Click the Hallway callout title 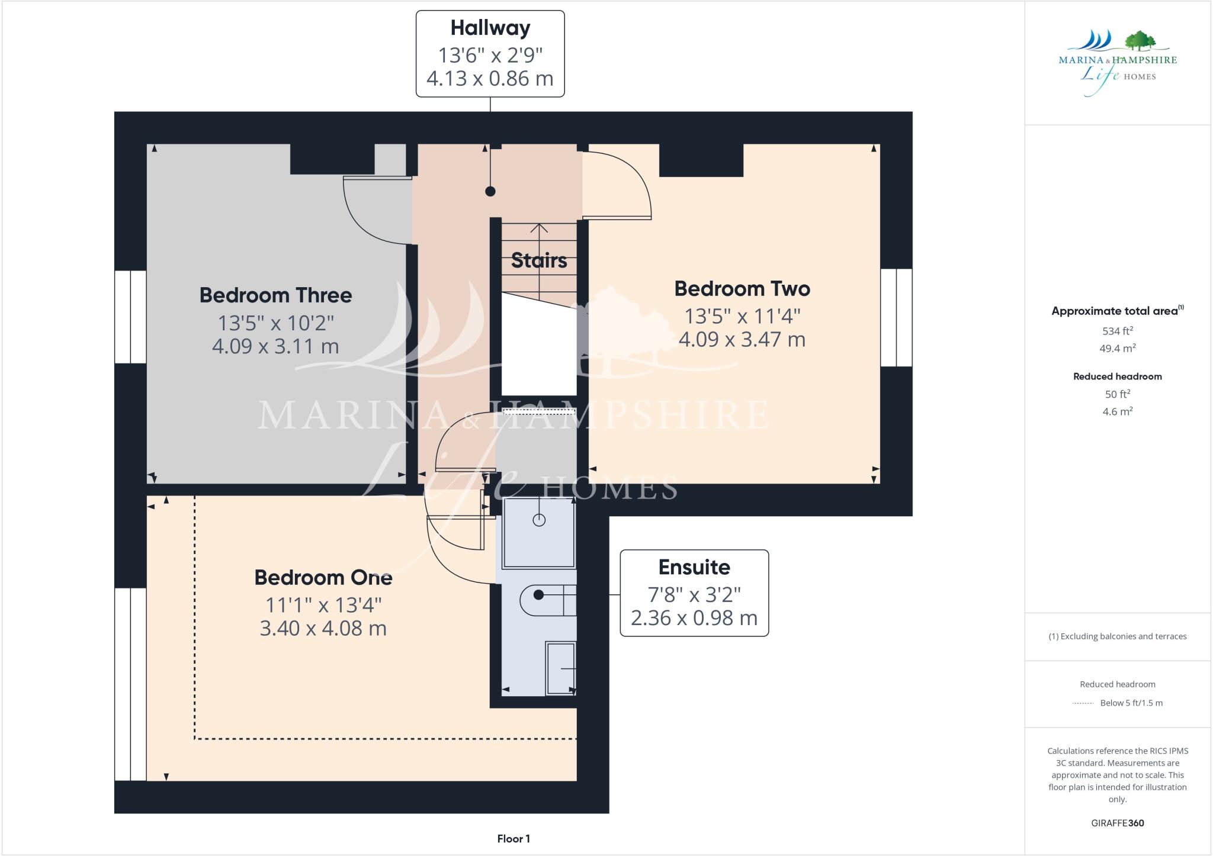490,28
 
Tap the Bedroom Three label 275,295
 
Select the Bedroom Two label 742,289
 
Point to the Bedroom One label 323,577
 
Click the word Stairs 538,260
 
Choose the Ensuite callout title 694,567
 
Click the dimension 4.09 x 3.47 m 742,340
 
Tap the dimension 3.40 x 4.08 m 323,628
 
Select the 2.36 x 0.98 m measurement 694,618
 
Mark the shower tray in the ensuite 538,533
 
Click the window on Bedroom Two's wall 896,318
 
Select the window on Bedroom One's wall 130,684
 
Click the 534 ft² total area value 1117,332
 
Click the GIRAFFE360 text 1117,823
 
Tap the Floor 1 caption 514,839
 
